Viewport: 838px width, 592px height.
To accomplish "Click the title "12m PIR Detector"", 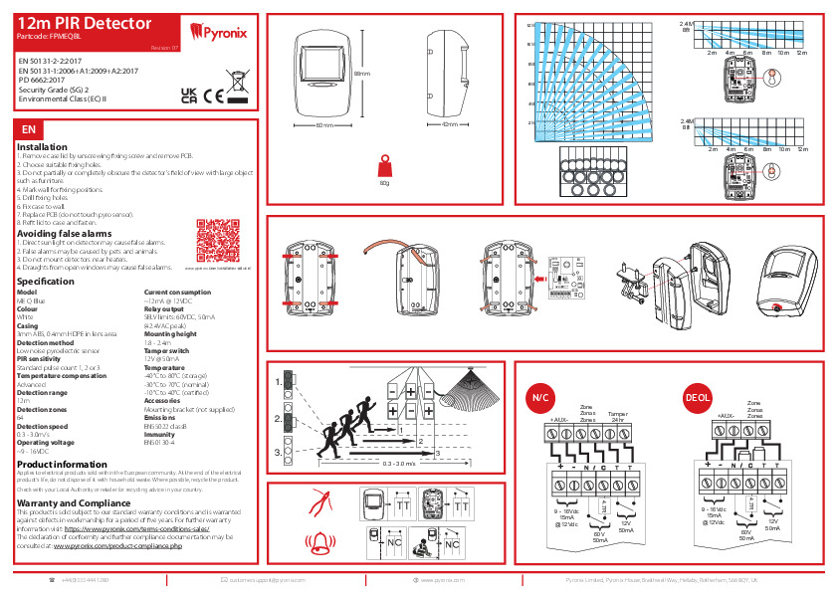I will point(85,22).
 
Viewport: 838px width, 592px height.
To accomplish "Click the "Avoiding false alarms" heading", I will point(62,234).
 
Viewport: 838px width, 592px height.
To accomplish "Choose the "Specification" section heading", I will point(47,282).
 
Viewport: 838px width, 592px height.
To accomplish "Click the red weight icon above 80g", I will point(384,165).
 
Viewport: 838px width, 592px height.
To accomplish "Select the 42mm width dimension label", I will point(449,125).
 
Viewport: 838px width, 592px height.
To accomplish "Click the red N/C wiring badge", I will point(540,397).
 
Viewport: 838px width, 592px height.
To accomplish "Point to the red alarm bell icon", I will point(320,543).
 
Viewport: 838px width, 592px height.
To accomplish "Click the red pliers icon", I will point(320,502).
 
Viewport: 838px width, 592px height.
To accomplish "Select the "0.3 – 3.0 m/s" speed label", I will point(401,464).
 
